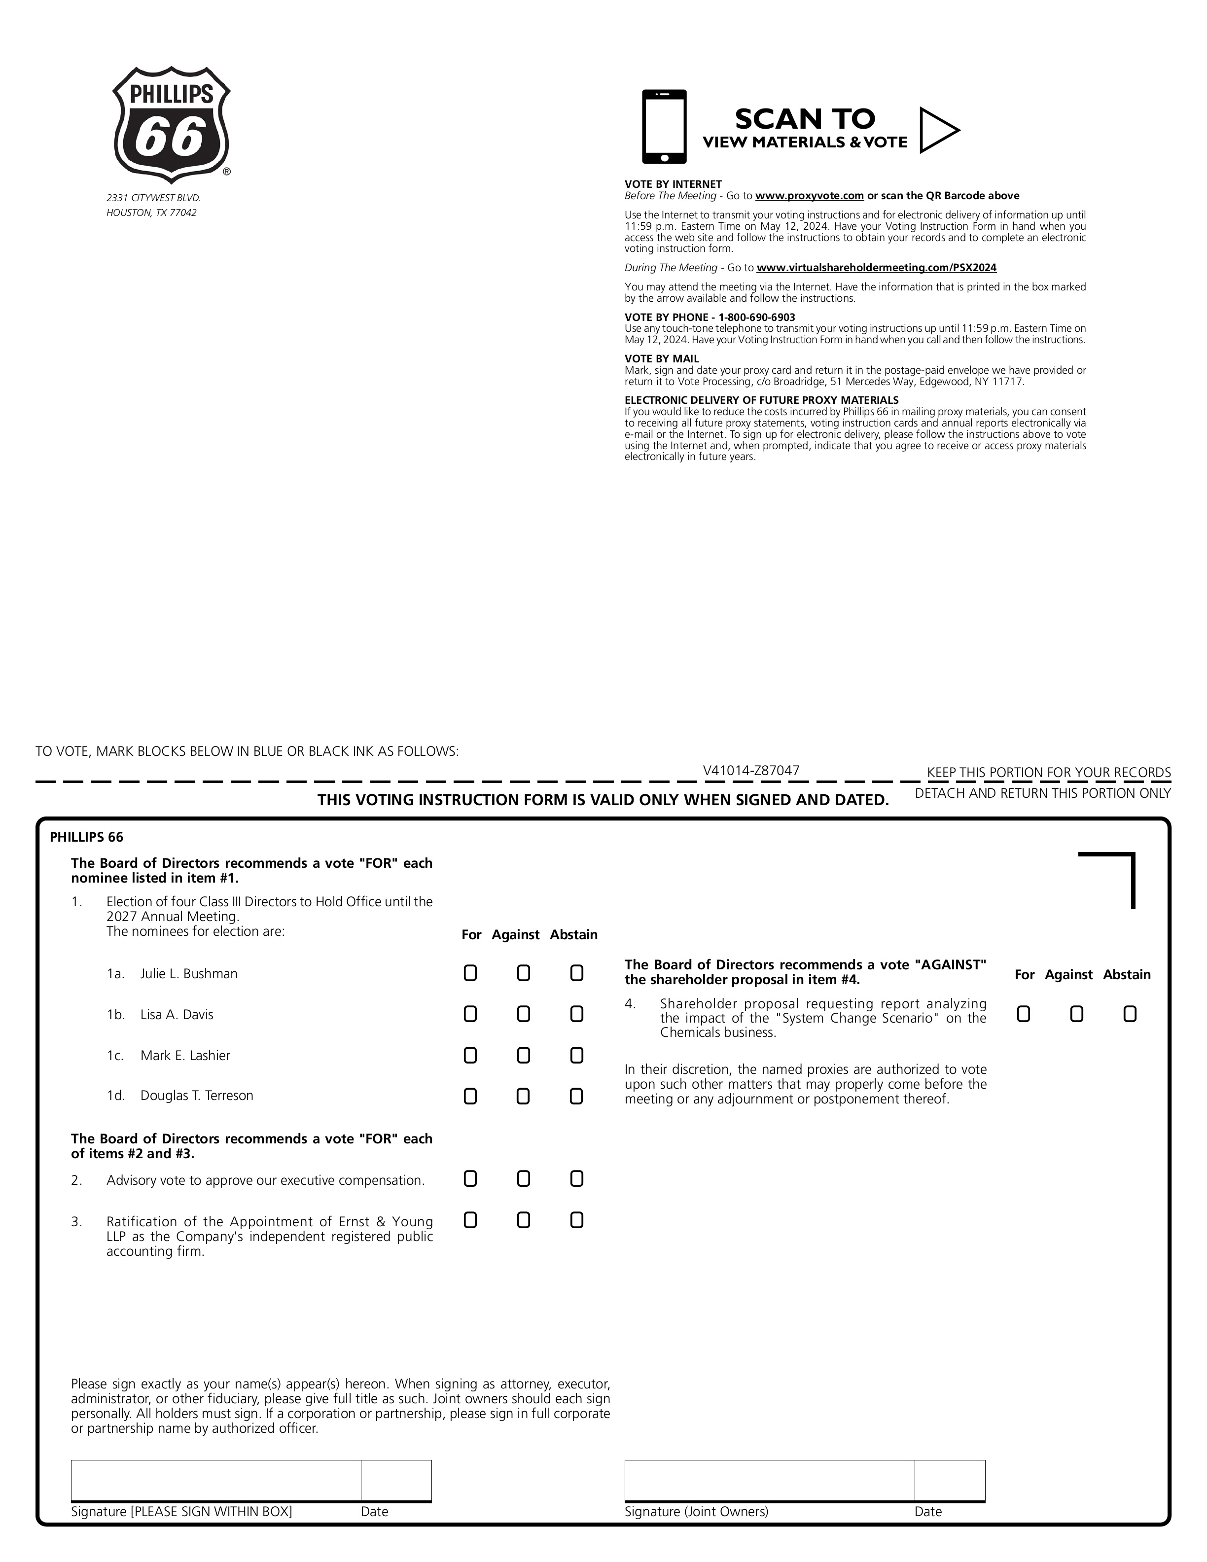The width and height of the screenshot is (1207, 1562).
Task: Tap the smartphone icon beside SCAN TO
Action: pos(664,127)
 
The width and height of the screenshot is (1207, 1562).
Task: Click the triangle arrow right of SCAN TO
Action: pos(937,130)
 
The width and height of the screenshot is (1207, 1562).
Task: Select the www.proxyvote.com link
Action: pos(810,196)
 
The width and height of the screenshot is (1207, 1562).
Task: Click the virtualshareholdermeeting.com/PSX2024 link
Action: pos(876,268)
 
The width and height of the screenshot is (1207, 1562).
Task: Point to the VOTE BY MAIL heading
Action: pos(661,359)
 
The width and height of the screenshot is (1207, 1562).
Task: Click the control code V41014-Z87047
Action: pos(751,770)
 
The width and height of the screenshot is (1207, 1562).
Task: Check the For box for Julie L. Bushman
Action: pos(470,973)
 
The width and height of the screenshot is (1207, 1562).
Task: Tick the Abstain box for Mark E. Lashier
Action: pos(576,1055)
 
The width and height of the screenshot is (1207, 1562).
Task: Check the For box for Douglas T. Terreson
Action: pos(470,1096)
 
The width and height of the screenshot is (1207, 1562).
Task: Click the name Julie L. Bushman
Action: pos(189,973)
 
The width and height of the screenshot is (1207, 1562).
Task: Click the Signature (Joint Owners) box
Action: pos(769,1480)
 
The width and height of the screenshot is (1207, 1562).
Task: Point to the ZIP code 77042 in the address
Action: pos(184,213)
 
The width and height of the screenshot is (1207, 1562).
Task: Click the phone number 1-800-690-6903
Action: pos(756,318)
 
